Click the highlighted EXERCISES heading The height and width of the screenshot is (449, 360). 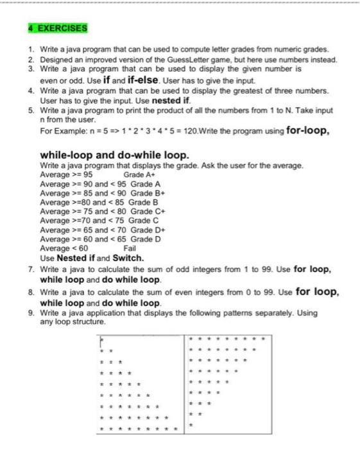[x=58, y=28]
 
